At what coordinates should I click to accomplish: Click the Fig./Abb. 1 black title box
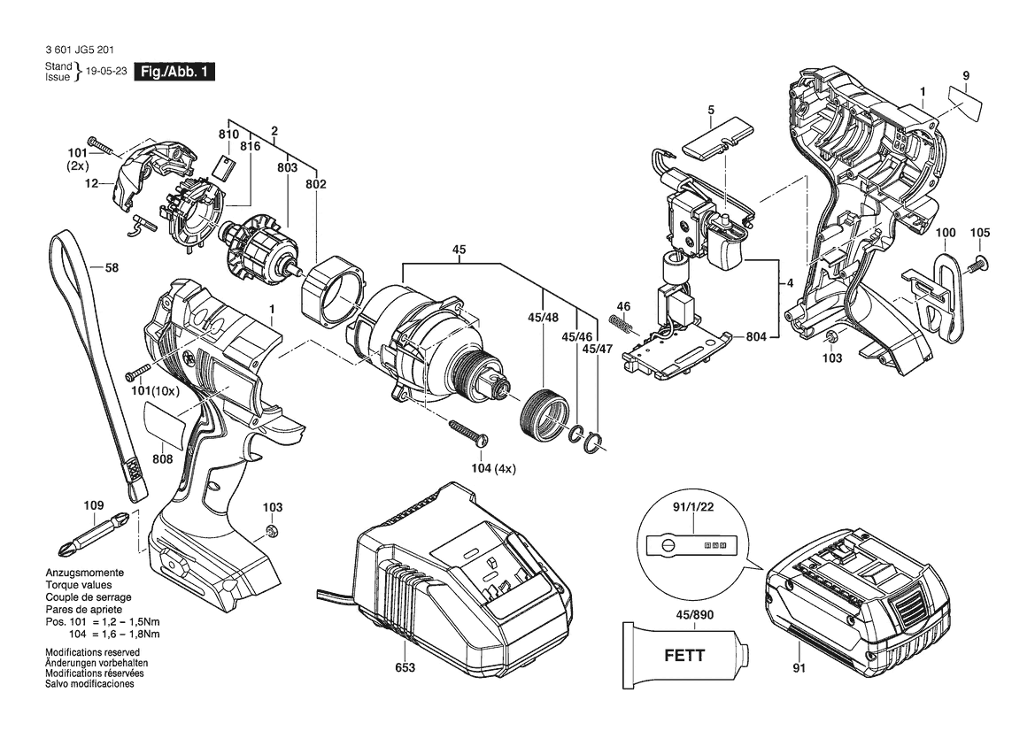[x=174, y=72]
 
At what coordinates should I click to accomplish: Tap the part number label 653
[x=405, y=667]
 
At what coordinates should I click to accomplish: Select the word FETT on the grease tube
[x=684, y=656]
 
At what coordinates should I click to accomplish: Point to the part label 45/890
[x=694, y=615]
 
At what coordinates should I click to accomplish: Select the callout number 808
[x=162, y=459]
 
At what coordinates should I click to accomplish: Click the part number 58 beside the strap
[x=112, y=268]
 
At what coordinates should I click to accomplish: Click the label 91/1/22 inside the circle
[x=693, y=507]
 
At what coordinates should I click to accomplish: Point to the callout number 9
[x=966, y=76]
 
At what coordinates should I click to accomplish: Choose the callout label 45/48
[x=543, y=318]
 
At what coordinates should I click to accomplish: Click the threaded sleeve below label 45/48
[x=545, y=413]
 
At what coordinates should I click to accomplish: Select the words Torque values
[x=79, y=585]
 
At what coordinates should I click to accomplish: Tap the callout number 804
[x=756, y=337]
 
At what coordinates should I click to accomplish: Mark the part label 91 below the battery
[x=799, y=668]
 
